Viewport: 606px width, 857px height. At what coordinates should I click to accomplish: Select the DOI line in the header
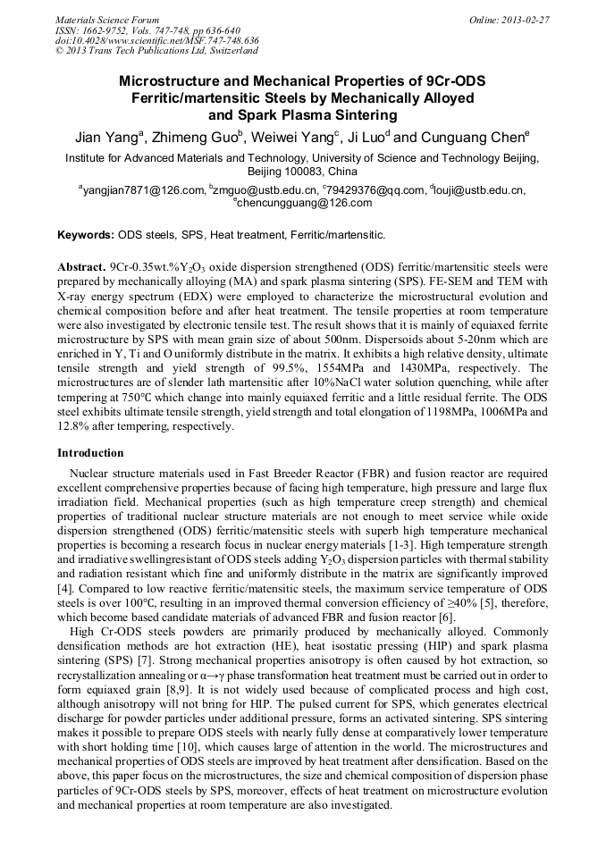pyautogui.click(x=156, y=40)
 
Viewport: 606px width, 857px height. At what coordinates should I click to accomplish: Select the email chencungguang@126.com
pyautogui.click(x=304, y=203)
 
